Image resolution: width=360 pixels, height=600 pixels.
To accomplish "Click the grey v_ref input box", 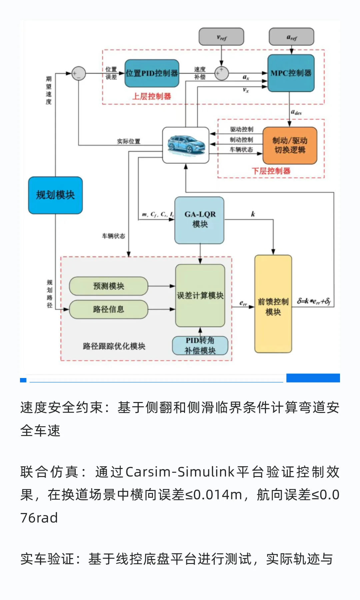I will pos(221,37).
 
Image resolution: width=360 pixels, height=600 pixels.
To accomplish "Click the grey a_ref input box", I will pos(291,37).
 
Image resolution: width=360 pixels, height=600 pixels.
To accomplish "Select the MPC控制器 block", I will pos(291,73).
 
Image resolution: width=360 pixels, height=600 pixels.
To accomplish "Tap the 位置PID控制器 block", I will pos(152,73).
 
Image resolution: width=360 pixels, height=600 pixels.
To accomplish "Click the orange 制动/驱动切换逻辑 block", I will pos(290,145).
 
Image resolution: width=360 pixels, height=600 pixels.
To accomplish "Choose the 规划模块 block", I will pos(55,195).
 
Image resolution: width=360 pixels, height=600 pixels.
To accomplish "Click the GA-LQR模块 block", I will pos(200,220).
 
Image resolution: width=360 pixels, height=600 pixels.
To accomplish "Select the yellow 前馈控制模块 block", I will pos(273,304).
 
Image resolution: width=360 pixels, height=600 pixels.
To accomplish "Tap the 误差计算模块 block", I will pos(200,296).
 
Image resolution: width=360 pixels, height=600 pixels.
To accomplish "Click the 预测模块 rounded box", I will pos(109,286).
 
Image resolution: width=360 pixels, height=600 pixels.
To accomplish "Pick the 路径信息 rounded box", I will pos(109,309).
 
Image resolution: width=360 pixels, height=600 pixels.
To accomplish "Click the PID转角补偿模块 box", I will pos(200,345).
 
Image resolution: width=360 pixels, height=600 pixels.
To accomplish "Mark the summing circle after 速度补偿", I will pos(221,73).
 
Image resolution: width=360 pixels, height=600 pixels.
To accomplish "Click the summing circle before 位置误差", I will pos(79,73).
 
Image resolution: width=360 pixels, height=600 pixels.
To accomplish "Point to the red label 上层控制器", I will pos(152,97).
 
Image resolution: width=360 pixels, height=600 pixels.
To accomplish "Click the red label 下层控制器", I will pos(271,171).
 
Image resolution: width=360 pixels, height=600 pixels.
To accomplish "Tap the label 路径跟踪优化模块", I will pos(114,346).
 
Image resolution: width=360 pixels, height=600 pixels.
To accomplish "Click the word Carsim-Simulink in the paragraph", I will pos(180,472).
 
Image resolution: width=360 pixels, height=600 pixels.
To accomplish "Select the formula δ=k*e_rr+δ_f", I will pos(314,301).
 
